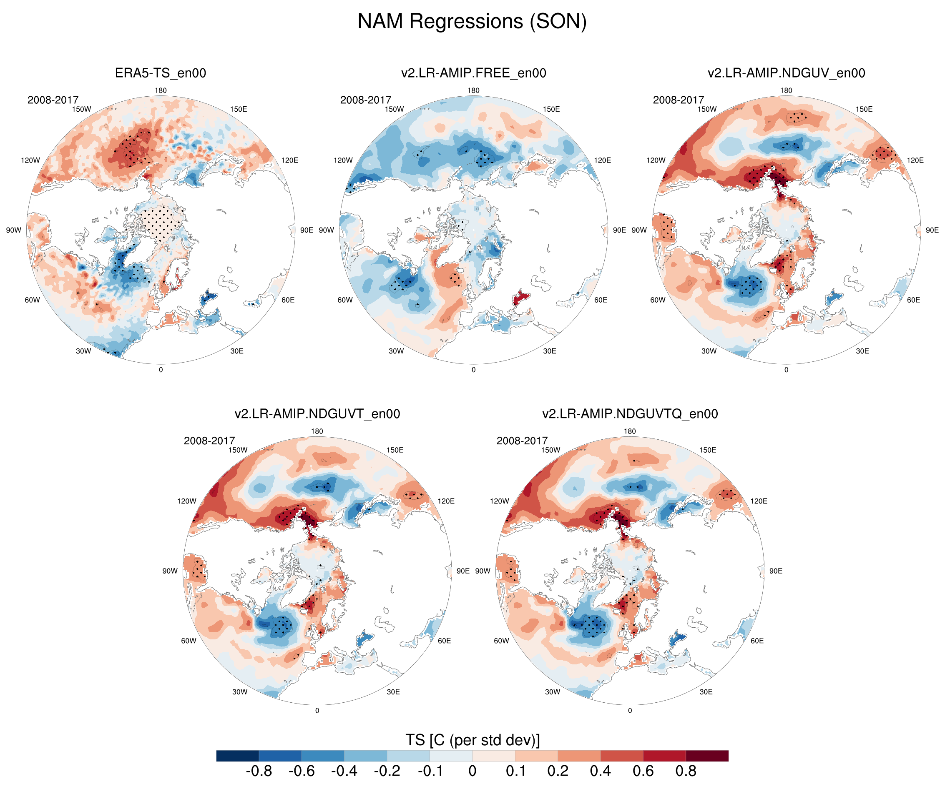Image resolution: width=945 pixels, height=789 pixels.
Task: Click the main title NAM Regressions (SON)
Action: pos(472,21)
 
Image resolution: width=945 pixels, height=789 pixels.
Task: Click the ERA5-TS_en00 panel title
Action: pos(160,73)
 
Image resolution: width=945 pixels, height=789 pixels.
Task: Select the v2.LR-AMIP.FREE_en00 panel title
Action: pos(473,73)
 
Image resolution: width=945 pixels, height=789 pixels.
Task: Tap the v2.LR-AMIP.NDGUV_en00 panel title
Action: pos(786,73)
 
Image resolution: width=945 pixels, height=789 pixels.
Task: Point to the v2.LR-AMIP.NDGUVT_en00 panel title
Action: pos(317,414)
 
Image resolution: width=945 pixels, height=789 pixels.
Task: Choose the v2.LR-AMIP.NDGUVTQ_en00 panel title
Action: pos(630,414)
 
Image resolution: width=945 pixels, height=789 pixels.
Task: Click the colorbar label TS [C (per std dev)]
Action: pos(472,740)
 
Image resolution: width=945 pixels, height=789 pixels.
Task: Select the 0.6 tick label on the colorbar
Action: pos(643,771)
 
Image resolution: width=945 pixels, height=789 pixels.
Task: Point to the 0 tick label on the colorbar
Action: pos(472,771)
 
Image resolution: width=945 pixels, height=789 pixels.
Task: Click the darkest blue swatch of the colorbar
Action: pos(237,756)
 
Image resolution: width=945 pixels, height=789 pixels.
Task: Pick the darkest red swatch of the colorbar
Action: pos(707,756)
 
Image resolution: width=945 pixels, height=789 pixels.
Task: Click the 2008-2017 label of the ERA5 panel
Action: pos(53,100)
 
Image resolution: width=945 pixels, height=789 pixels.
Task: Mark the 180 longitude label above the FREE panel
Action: pos(473,90)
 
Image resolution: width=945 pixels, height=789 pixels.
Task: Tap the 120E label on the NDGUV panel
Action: pos(915,160)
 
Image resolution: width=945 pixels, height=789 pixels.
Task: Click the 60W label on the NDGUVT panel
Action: pos(188,641)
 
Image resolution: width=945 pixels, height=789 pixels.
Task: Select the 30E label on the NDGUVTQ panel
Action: pos(706,692)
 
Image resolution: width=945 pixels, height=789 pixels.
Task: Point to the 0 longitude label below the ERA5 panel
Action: pos(161,370)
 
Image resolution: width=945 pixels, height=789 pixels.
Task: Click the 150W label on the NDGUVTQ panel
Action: pos(550,450)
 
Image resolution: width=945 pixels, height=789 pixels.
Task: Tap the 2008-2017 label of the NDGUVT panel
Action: pos(209,441)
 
